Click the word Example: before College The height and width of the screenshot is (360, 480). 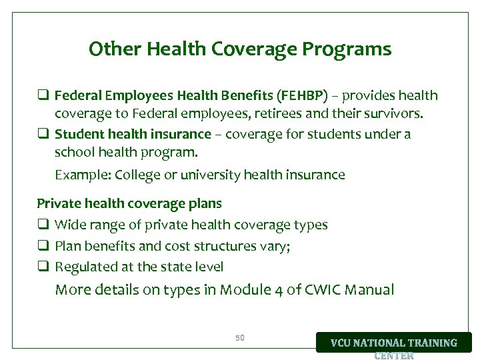tap(83, 175)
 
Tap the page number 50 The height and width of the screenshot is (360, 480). tap(240, 338)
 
